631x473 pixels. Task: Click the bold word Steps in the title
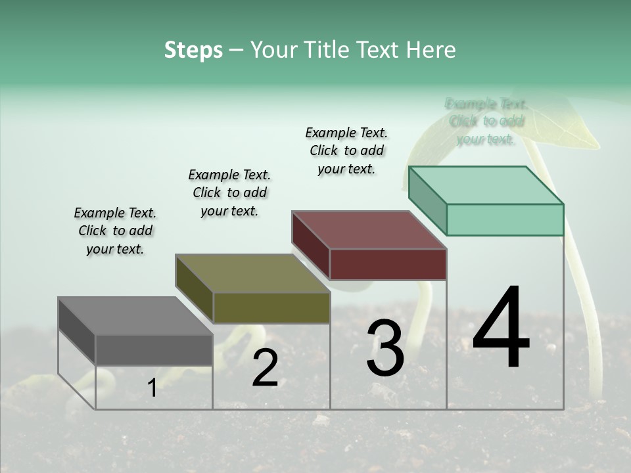193,50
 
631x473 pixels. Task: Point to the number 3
385,348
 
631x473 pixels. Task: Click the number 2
265,368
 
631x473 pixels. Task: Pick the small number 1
152,388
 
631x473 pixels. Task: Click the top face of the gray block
135,316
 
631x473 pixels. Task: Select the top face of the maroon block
369,230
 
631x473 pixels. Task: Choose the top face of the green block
486,185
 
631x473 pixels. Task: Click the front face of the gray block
154,349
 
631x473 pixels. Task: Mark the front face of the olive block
271,307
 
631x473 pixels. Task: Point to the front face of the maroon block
388,264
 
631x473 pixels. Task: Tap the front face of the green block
505,219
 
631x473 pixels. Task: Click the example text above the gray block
115,231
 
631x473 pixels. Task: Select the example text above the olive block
229,192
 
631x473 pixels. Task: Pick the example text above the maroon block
346,150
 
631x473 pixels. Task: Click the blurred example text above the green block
486,122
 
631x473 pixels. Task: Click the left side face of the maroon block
310,245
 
